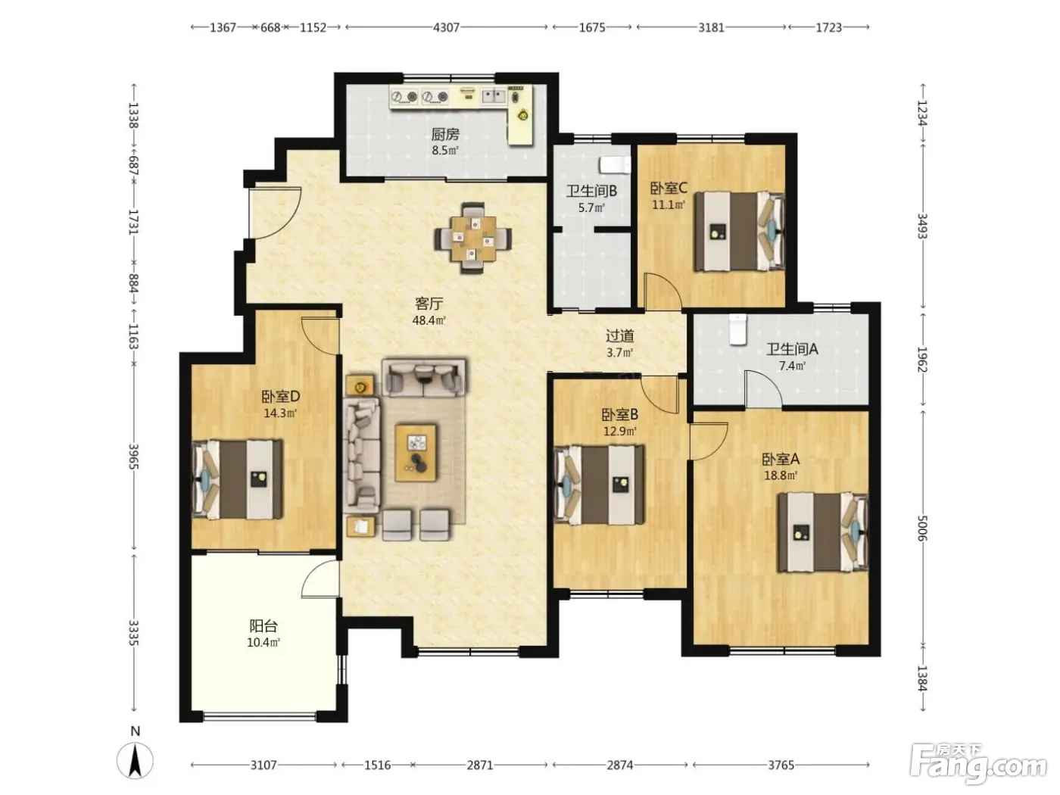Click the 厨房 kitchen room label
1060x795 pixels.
[x=444, y=134]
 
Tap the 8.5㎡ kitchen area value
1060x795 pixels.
[x=444, y=150]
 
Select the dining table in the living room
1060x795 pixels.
[x=472, y=238]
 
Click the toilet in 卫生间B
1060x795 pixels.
[x=615, y=164]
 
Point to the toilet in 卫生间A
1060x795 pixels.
[x=737, y=329]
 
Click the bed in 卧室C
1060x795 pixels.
[x=739, y=231]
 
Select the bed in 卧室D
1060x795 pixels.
[x=237, y=479]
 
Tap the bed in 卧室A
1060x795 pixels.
[x=823, y=532]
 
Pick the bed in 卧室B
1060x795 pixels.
[x=599, y=485]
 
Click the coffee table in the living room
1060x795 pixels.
[x=416, y=453]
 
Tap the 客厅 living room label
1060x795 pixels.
[x=429, y=304]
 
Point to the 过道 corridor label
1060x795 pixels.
[x=619, y=335]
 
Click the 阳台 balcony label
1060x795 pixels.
[x=263, y=626]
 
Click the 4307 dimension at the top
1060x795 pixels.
[x=446, y=27]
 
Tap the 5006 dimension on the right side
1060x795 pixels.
[x=922, y=528]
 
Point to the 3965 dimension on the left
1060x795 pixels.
[x=134, y=456]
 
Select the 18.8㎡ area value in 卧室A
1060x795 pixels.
[x=781, y=475]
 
